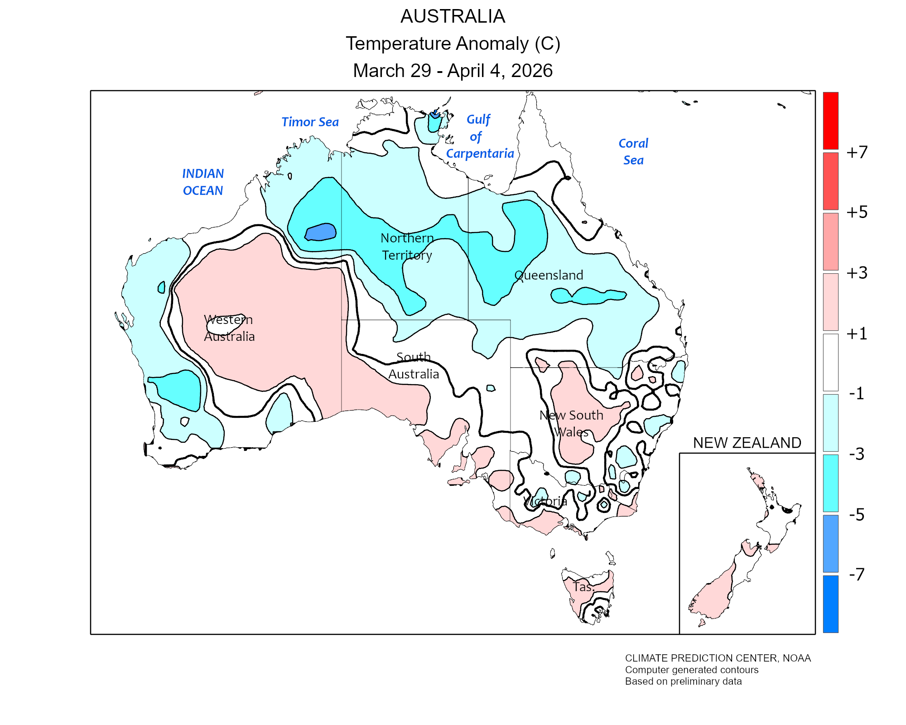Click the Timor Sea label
[x=310, y=122]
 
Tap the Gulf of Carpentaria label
[x=479, y=136]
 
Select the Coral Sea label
[x=633, y=151]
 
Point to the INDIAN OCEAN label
[x=203, y=182]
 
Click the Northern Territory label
[x=407, y=246]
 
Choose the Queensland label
[x=549, y=275]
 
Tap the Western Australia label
[x=229, y=328]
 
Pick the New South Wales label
[x=571, y=423]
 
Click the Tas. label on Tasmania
[x=583, y=587]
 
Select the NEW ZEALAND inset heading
[x=747, y=443]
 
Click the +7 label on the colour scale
[x=857, y=152]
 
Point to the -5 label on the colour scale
[x=857, y=515]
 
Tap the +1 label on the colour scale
[x=857, y=334]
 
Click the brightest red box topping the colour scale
[x=830, y=121]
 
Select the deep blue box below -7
[x=830, y=604]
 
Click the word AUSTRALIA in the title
[x=453, y=16]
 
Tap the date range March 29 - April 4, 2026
[x=453, y=71]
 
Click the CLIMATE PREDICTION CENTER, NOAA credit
[x=718, y=658]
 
